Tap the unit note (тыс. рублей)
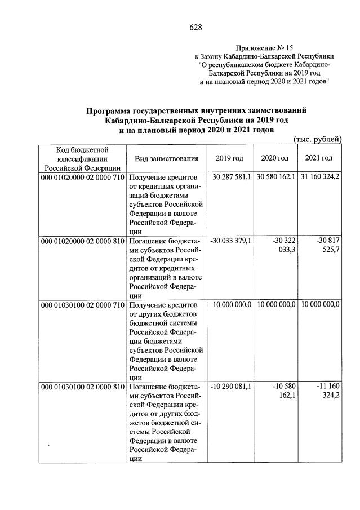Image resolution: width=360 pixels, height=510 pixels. [x=318, y=139]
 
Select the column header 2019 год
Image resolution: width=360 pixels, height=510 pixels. [x=229, y=158]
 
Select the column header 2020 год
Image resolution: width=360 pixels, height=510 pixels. [x=274, y=158]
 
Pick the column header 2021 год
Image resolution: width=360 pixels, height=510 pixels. [x=318, y=158]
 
